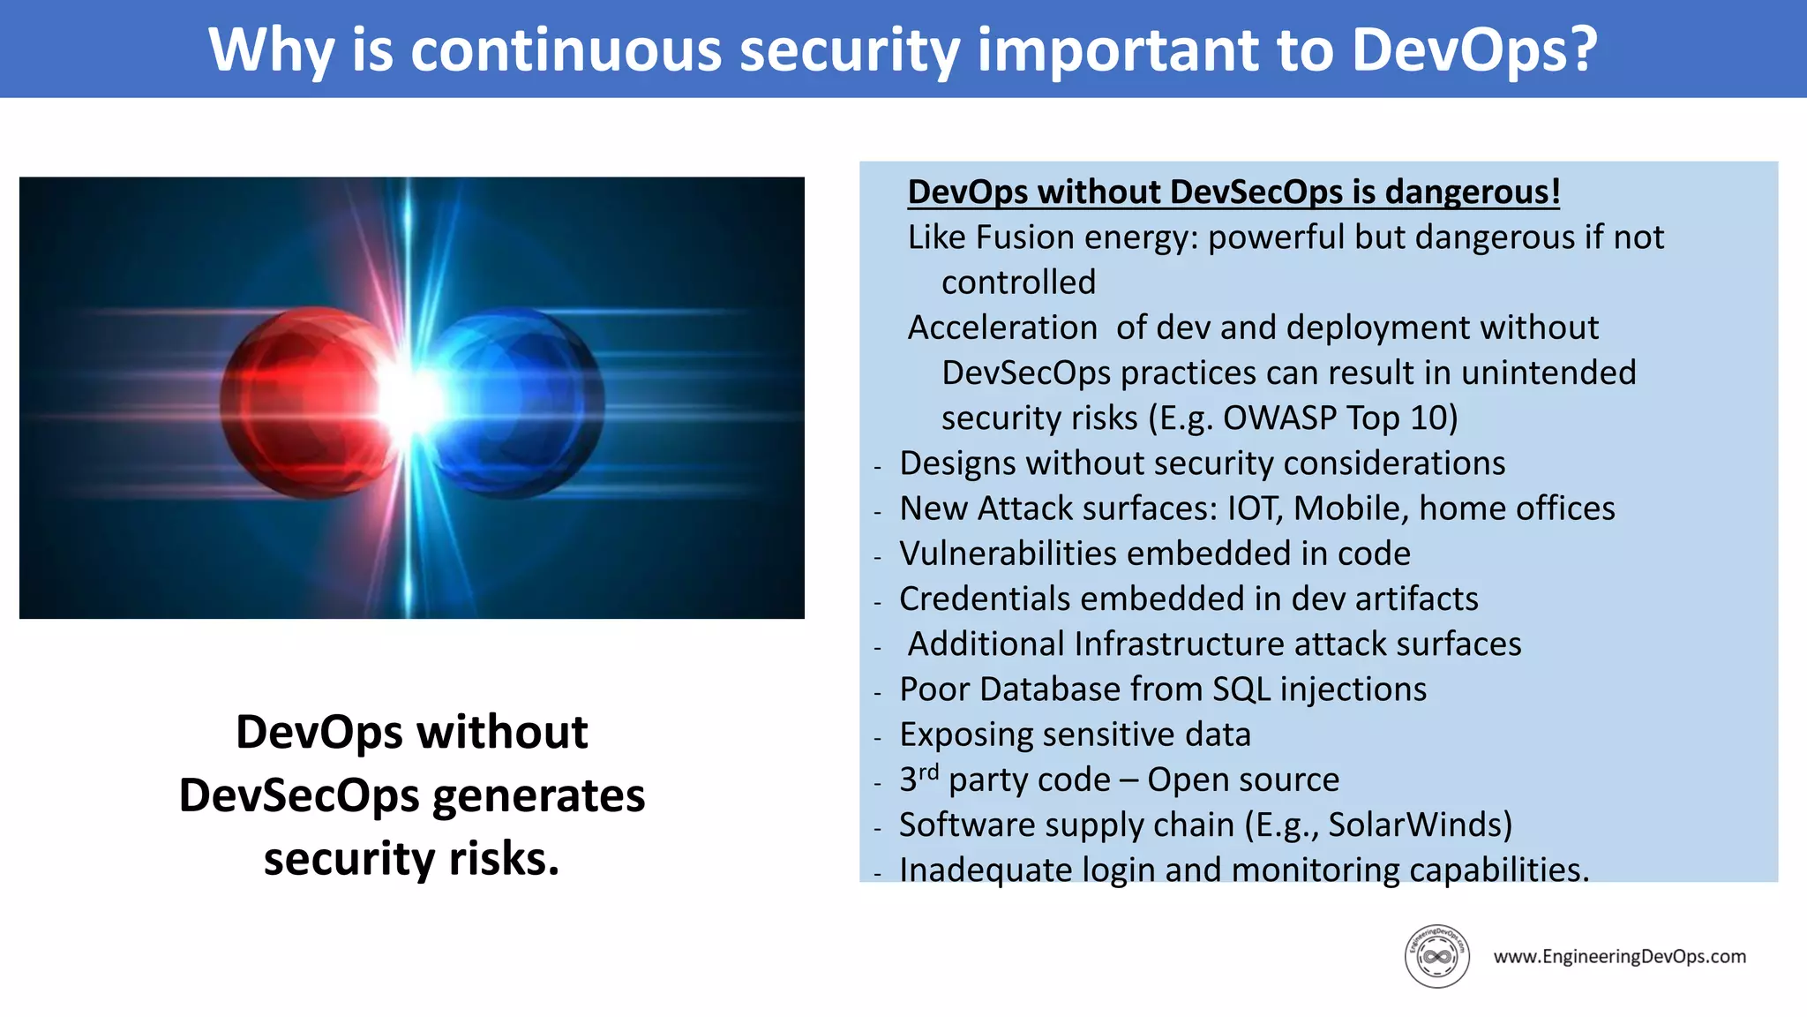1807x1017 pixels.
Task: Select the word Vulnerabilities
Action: (1008, 554)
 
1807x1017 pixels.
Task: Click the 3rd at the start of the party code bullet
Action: (918, 779)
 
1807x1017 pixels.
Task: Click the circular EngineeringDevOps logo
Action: (1436, 956)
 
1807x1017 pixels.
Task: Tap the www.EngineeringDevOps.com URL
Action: (1619, 956)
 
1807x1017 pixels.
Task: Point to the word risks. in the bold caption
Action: (504, 858)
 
